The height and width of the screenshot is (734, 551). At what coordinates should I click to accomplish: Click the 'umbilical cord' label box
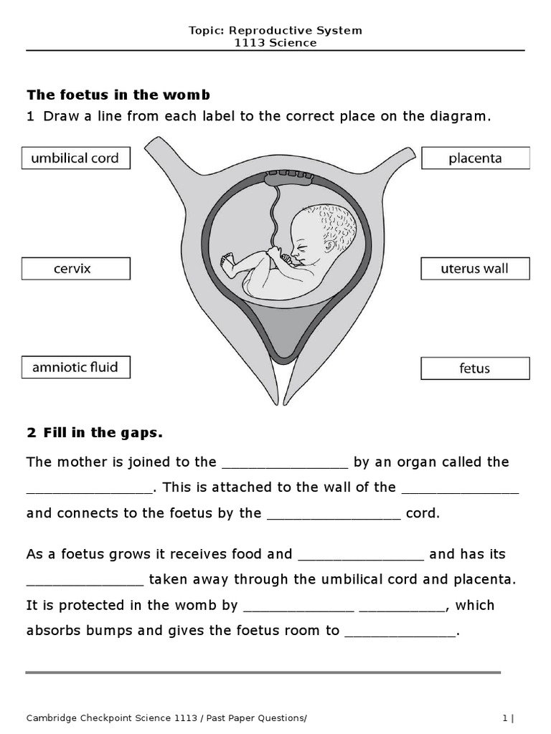pos(75,158)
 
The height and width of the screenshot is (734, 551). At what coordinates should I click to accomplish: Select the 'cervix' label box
pos(75,269)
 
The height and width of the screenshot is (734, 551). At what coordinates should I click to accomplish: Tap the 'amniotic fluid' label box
pos(75,368)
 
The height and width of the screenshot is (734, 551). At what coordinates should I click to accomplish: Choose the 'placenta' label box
pos(475,158)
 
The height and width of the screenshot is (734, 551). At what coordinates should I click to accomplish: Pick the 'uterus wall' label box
pos(475,269)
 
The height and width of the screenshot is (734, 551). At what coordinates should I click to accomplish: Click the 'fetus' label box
pos(475,368)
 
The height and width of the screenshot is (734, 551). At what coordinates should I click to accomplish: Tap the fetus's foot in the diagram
pos(228,266)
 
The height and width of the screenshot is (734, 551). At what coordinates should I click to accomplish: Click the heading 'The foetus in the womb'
pos(118,95)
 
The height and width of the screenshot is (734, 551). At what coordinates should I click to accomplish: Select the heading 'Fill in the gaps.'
pos(95,432)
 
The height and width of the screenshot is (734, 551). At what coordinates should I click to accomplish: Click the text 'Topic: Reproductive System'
pos(275,30)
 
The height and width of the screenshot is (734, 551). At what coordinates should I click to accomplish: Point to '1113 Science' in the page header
pos(275,43)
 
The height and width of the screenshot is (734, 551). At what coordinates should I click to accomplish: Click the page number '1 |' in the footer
pos(508,718)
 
